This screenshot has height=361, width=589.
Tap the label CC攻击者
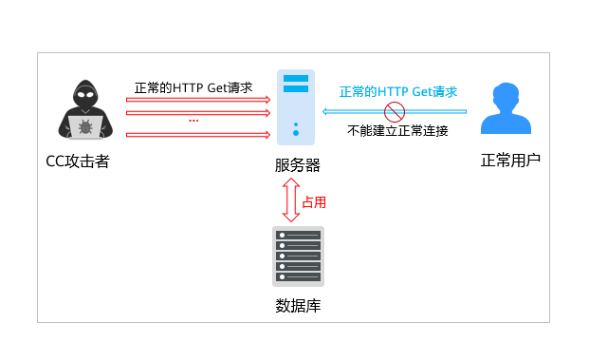pyautogui.click(x=78, y=161)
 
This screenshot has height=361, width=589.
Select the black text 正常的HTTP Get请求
pyautogui.click(x=193, y=87)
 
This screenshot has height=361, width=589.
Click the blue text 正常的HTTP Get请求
pyautogui.click(x=398, y=92)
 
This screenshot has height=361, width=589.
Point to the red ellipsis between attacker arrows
pyautogui.click(x=193, y=121)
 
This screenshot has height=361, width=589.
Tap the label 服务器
pyautogui.click(x=297, y=165)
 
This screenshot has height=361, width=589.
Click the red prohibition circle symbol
pyautogui.click(x=395, y=112)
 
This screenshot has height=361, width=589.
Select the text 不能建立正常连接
pyautogui.click(x=397, y=130)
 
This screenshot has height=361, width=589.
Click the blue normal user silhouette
pyautogui.click(x=506, y=109)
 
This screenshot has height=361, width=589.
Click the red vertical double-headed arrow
pyautogui.click(x=290, y=200)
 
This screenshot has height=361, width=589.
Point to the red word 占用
pyautogui.click(x=314, y=202)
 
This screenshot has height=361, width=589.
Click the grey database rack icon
pyautogui.click(x=298, y=256)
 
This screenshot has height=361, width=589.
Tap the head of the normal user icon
pyautogui.click(x=506, y=96)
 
